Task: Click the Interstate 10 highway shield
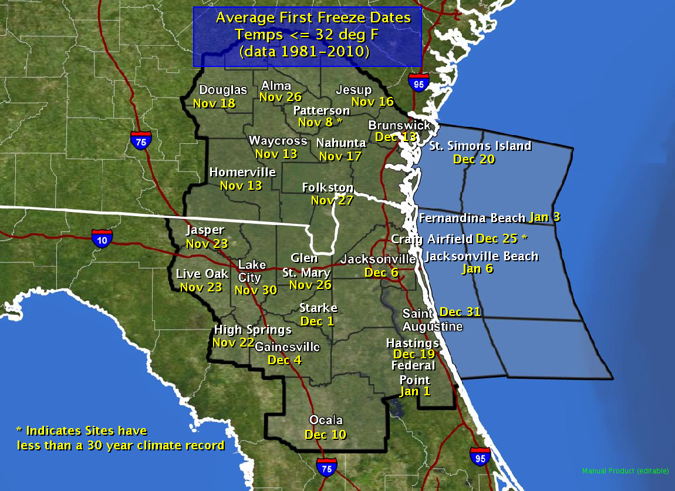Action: pos(102,238)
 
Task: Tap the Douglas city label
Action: pos(223,90)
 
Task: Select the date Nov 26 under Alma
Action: pos(280,97)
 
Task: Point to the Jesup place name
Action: pos(353,90)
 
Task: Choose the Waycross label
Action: pos(278,141)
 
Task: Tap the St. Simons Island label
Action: pos(480,146)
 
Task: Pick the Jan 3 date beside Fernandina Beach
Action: pos(544,217)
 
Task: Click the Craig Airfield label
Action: pos(432,239)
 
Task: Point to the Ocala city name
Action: pos(326,421)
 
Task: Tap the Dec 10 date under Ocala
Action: pos(325,435)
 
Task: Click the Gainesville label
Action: pos(287,347)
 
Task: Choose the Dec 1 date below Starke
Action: pos(317,321)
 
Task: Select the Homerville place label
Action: pos(242,173)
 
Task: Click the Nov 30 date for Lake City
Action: pos(255,290)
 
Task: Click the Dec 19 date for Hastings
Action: pos(414,354)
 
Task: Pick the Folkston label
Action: pos(328,188)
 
